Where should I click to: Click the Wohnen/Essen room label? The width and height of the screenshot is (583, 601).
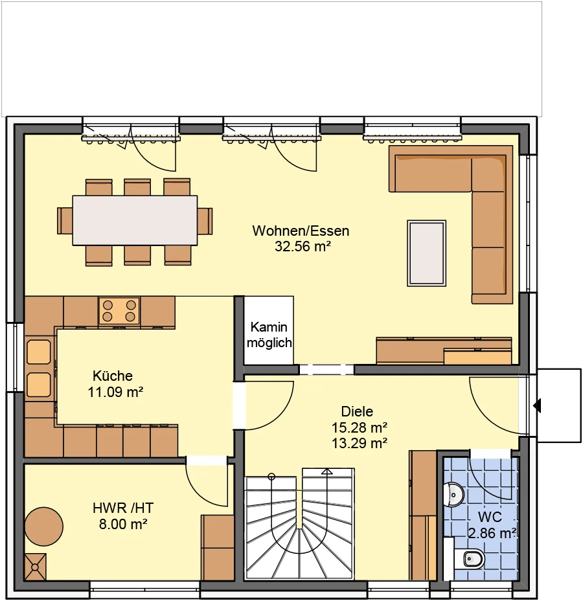(301, 231)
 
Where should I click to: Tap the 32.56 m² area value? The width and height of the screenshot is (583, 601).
(303, 247)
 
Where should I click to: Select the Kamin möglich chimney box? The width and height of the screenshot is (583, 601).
(269, 330)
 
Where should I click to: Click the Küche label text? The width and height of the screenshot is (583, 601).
(113, 376)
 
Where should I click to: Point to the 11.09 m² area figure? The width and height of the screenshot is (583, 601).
(115, 392)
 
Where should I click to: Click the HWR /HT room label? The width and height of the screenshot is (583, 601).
(123, 508)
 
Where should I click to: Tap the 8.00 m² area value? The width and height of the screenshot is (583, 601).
(123, 524)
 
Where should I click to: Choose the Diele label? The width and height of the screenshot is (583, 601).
(357, 411)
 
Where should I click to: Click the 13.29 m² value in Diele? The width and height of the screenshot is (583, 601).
(359, 443)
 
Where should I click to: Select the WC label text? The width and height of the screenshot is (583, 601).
(490, 517)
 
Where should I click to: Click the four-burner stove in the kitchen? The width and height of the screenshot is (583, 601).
(119, 311)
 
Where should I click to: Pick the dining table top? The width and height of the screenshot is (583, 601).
(135, 220)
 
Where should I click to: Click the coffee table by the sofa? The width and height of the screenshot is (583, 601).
(426, 253)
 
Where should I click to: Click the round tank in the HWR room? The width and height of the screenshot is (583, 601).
(43, 527)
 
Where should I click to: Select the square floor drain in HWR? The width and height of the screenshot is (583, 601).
(35, 567)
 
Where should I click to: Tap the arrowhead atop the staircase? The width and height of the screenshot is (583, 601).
(327, 471)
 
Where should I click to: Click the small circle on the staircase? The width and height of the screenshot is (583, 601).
(272, 477)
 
